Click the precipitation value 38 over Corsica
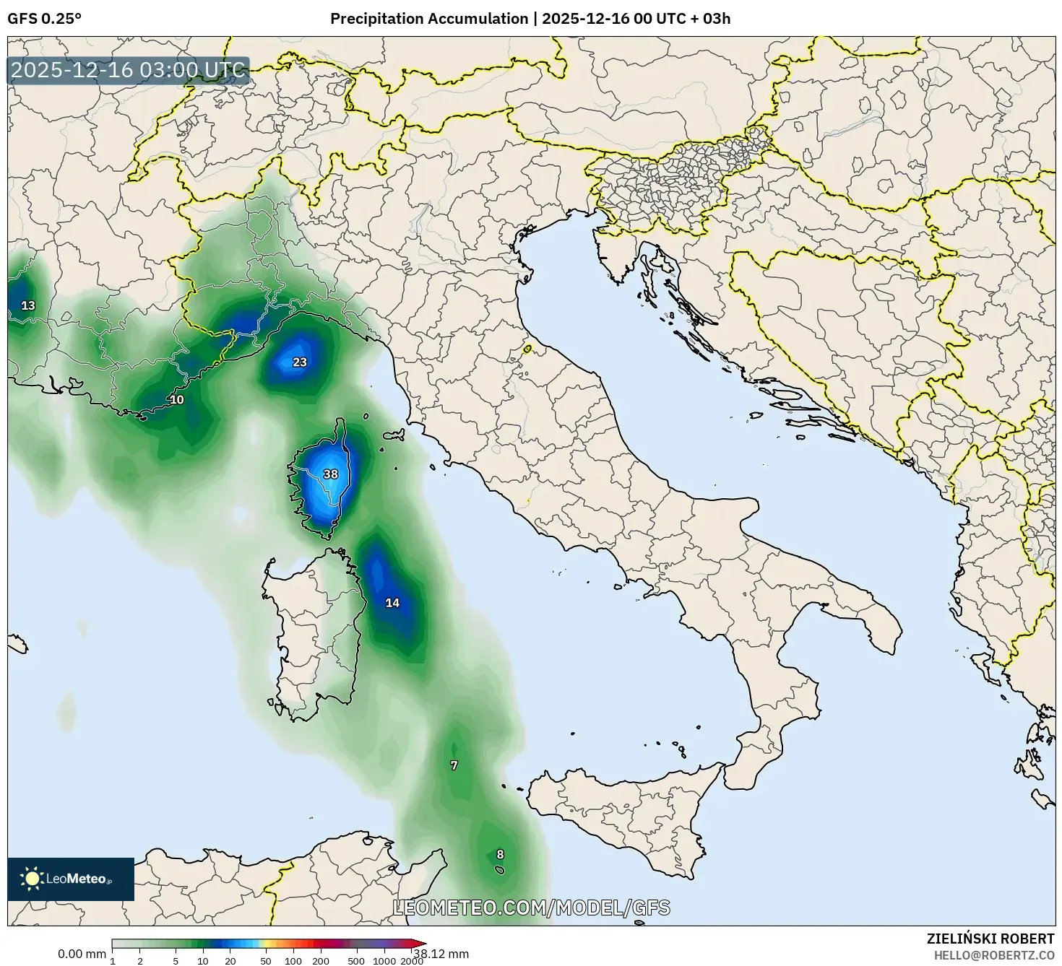[x=330, y=474]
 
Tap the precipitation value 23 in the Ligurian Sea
[x=299, y=362]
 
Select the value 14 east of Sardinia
[x=392, y=603]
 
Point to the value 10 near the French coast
[x=176, y=400]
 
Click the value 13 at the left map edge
[x=28, y=305]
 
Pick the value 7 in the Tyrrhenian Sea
[x=454, y=765]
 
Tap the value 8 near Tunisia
[x=500, y=855]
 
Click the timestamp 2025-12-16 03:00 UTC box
[x=129, y=70]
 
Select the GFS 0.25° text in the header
[x=44, y=19]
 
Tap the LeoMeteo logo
[x=71, y=879]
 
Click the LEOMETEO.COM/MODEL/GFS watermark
[x=531, y=908]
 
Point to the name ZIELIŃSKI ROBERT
[x=990, y=939]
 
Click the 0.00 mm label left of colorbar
[x=82, y=954]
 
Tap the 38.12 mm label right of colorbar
[x=441, y=954]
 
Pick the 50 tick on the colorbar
[x=266, y=960]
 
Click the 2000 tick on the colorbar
[x=412, y=960]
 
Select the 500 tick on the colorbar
[x=356, y=960]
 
